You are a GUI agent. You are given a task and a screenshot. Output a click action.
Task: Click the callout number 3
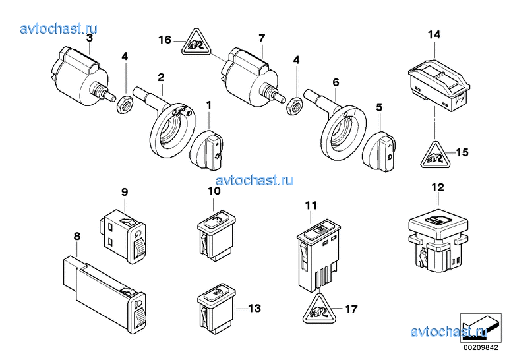point(90,38)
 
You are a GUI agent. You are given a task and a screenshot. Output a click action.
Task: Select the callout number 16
point(165,40)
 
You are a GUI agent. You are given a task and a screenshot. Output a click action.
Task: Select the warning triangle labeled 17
point(318,310)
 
